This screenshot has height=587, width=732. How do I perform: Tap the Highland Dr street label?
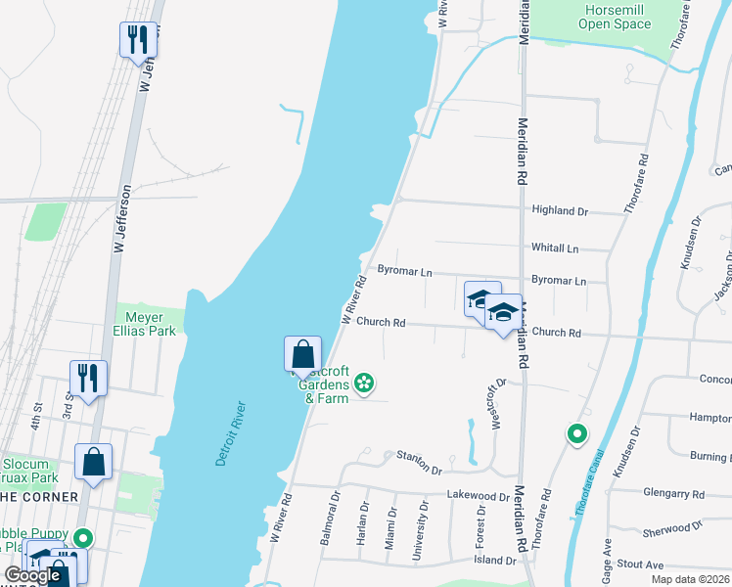pos(559,210)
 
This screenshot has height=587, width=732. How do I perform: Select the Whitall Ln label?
pos(555,248)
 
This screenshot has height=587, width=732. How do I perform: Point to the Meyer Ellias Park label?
pos(151,324)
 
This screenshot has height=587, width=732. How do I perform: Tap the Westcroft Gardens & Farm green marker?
pos(364,383)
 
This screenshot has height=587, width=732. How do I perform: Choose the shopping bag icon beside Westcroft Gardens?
pos(302,355)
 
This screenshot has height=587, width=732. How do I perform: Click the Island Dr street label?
pos(496,561)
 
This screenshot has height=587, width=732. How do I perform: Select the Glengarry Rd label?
pos(674,493)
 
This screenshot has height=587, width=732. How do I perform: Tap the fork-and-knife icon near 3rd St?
pos(88,378)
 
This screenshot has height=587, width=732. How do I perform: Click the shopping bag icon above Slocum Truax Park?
pos(93,462)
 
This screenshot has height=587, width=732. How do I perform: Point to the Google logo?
pos(32,575)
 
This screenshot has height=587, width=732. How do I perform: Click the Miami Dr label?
pos(391,527)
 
